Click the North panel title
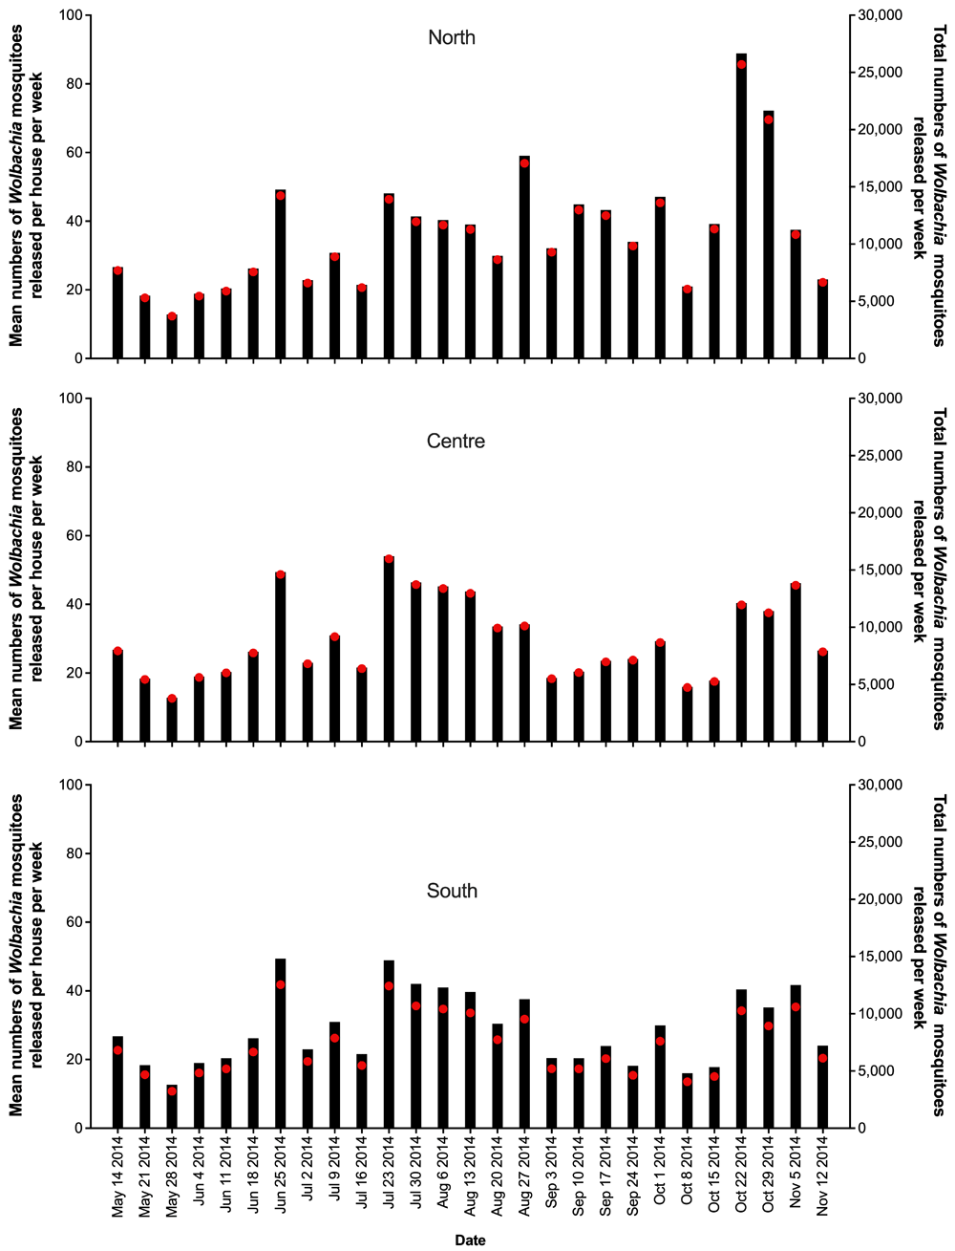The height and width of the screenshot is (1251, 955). [452, 38]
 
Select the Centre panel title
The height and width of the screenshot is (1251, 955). [456, 442]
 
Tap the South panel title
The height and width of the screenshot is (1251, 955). [452, 891]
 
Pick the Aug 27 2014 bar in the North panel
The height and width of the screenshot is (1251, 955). [524, 257]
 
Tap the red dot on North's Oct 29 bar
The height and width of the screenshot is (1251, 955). [769, 119]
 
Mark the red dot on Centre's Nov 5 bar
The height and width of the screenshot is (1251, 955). [796, 586]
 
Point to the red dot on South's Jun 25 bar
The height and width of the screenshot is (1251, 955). [281, 984]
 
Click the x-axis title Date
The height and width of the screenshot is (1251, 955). [470, 1240]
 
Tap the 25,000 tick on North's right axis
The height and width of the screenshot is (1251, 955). [878, 73]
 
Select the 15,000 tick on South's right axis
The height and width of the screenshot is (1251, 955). [878, 957]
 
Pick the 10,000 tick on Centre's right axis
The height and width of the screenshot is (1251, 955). [878, 627]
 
